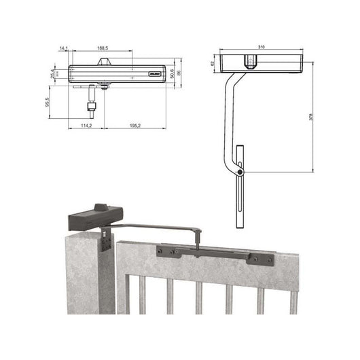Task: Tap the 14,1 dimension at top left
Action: coord(63,48)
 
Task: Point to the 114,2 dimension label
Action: coord(86,126)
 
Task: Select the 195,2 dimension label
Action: coord(134,126)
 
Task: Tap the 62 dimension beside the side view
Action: coord(213,62)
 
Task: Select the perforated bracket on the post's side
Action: coord(106,239)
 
